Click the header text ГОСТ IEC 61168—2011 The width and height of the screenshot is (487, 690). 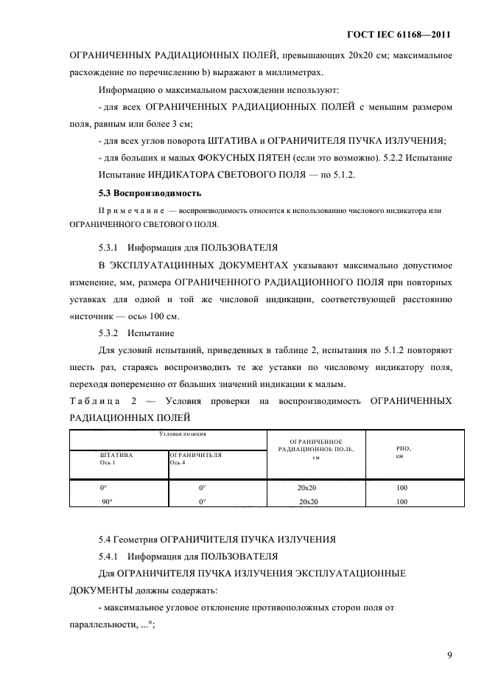point(397,35)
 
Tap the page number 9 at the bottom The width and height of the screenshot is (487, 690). point(449,653)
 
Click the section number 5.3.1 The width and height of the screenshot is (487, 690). point(110,247)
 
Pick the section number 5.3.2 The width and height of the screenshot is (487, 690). point(110,332)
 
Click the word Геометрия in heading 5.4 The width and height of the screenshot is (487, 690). point(137,540)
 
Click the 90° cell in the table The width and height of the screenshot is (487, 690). point(106,501)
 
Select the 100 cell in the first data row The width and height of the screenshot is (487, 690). point(402,488)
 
